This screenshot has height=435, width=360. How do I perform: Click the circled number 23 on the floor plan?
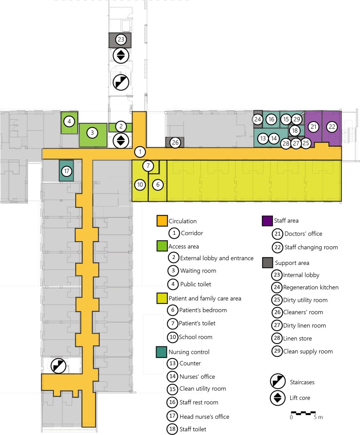[121, 40]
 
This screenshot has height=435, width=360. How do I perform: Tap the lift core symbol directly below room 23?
[121, 55]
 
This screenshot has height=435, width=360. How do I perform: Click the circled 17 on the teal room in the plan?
[66, 171]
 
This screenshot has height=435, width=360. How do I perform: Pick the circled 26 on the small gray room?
[175, 142]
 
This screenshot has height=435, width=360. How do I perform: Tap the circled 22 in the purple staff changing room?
[332, 126]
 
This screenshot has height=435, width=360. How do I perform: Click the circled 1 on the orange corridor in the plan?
[140, 152]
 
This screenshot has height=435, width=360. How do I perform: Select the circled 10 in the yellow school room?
[140, 185]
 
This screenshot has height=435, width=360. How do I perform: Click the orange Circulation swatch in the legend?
[162, 221]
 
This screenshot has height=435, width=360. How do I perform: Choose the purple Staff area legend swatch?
[267, 221]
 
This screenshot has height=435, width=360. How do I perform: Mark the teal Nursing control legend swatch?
[162, 352]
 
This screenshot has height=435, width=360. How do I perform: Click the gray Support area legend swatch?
[267, 263]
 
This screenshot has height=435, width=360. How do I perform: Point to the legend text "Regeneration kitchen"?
[311, 287]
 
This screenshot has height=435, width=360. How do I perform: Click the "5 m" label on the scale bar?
[318, 417]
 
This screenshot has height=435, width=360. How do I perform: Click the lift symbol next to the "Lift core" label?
[278, 398]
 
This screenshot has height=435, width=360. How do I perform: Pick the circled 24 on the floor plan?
[258, 119]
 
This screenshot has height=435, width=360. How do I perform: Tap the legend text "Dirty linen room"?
[304, 326]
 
